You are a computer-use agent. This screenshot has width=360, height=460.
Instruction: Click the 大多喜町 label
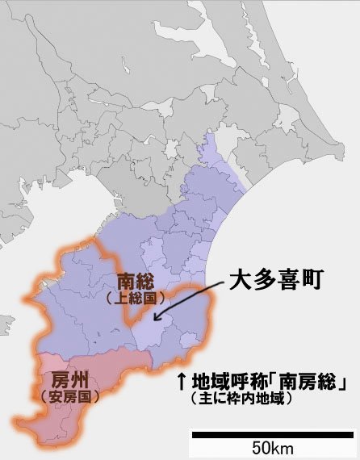(x=276, y=281)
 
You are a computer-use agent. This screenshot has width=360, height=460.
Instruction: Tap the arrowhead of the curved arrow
(x=160, y=320)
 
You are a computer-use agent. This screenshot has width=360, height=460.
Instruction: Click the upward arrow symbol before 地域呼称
(x=182, y=383)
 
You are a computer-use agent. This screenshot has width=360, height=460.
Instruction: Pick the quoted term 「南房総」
(x=310, y=383)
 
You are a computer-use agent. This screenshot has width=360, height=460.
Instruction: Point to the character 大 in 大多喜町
(x=241, y=281)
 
